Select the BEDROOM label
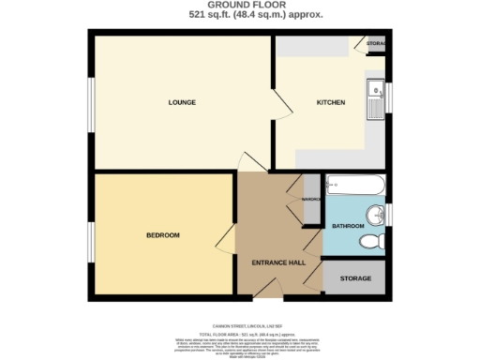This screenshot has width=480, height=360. (x=162, y=234)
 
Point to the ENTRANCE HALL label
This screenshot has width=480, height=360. (x=278, y=262)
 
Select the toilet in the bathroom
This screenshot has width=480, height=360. (x=372, y=241)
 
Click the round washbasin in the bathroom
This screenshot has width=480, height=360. (x=376, y=215)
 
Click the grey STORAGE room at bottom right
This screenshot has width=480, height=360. (x=355, y=278)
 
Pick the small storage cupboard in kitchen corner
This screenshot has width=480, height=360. (x=375, y=44)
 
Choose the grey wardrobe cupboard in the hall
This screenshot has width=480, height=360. (x=311, y=200)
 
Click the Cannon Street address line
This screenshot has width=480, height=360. (x=240, y=318)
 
